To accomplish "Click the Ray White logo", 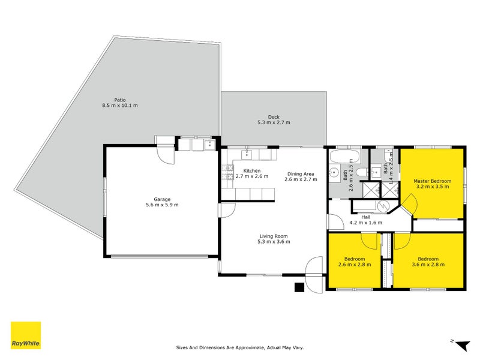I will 26,335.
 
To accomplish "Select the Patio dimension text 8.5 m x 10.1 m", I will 119,106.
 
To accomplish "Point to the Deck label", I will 274,118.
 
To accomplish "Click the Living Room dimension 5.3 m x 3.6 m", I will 274,241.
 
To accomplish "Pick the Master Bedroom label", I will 432,181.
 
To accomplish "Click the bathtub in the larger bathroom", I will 344,157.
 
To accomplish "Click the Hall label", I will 365,217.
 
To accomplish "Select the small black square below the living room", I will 299,287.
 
